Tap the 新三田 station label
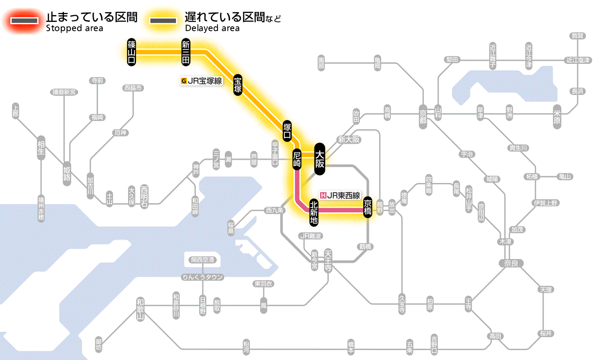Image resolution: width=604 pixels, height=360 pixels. point(186,52)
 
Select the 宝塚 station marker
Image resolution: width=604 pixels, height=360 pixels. point(238,85)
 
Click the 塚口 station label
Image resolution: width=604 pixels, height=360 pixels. point(287,131)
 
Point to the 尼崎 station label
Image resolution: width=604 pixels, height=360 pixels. point(297,159)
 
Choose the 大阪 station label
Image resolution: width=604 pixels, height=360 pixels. point(319,159)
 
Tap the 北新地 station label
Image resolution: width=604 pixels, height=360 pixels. point(314,212)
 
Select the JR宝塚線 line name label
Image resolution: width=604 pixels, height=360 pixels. point(202,80)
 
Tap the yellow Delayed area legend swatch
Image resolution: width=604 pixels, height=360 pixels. point(163,21)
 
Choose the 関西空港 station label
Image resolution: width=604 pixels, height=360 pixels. point(203,260)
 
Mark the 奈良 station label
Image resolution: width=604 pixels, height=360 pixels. point(511,263)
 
